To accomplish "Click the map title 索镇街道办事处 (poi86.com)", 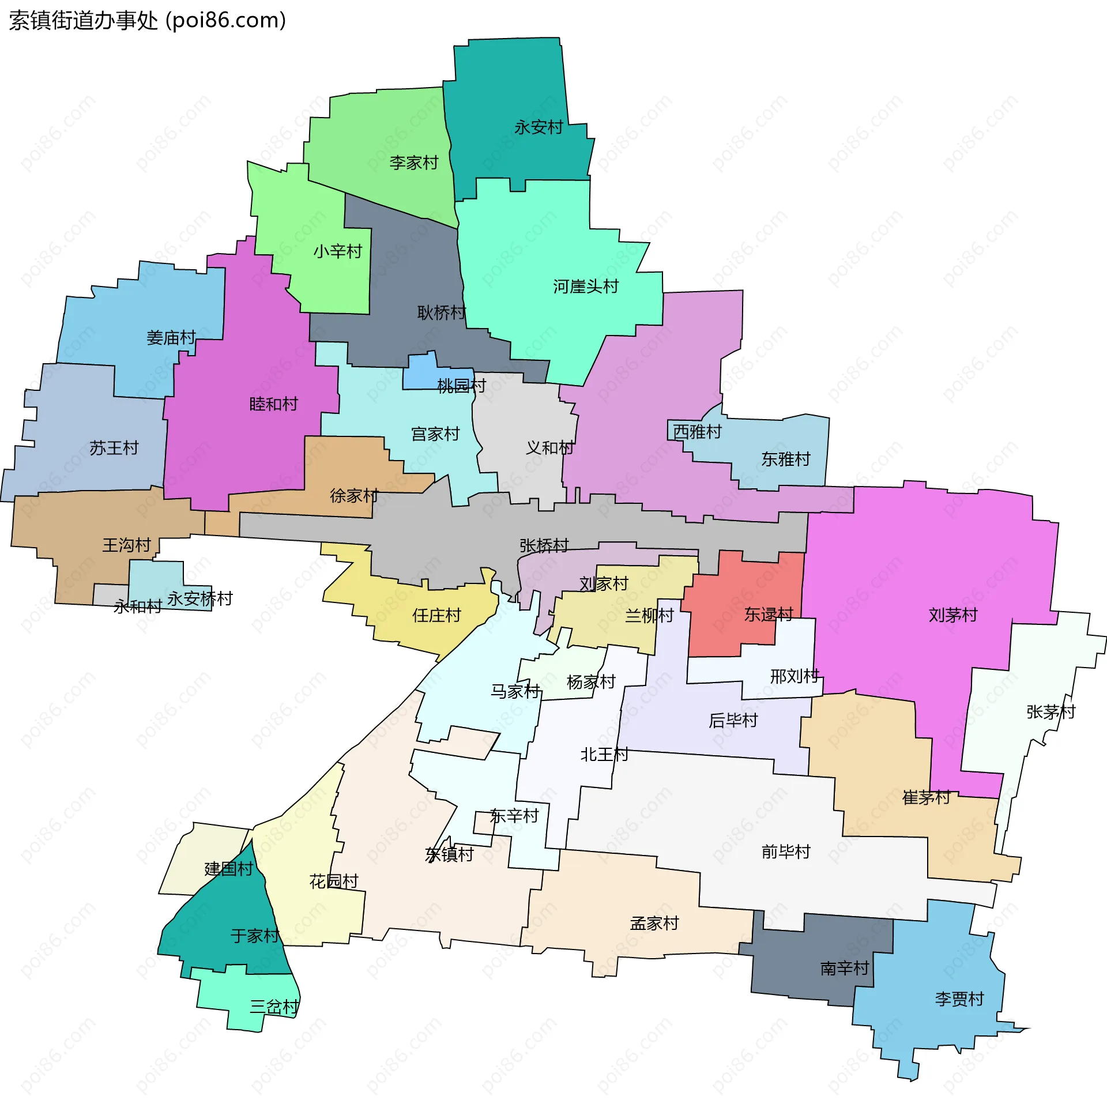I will coord(148,21).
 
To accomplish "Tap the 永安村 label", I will coord(538,127).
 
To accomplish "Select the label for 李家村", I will coord(413,163).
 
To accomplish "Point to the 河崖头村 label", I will coord(586,287).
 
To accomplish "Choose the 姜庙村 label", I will coord(171,338).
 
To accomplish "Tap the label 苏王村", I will coord(114,448).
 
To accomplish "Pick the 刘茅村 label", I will coord(953,615).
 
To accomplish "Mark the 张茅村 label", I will coord(1051,712).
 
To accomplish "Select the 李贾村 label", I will coord(959,999).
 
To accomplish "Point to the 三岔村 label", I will coord(274,1007).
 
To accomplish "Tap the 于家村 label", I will coord(255,936).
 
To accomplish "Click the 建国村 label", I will coord(229,869).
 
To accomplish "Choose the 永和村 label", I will coord(138,606).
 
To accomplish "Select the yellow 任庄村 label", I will coord(436,615).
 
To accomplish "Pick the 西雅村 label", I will coord(698,431).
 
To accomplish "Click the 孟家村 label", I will coord(654,923).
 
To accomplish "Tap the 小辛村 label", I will coord(338,251).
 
